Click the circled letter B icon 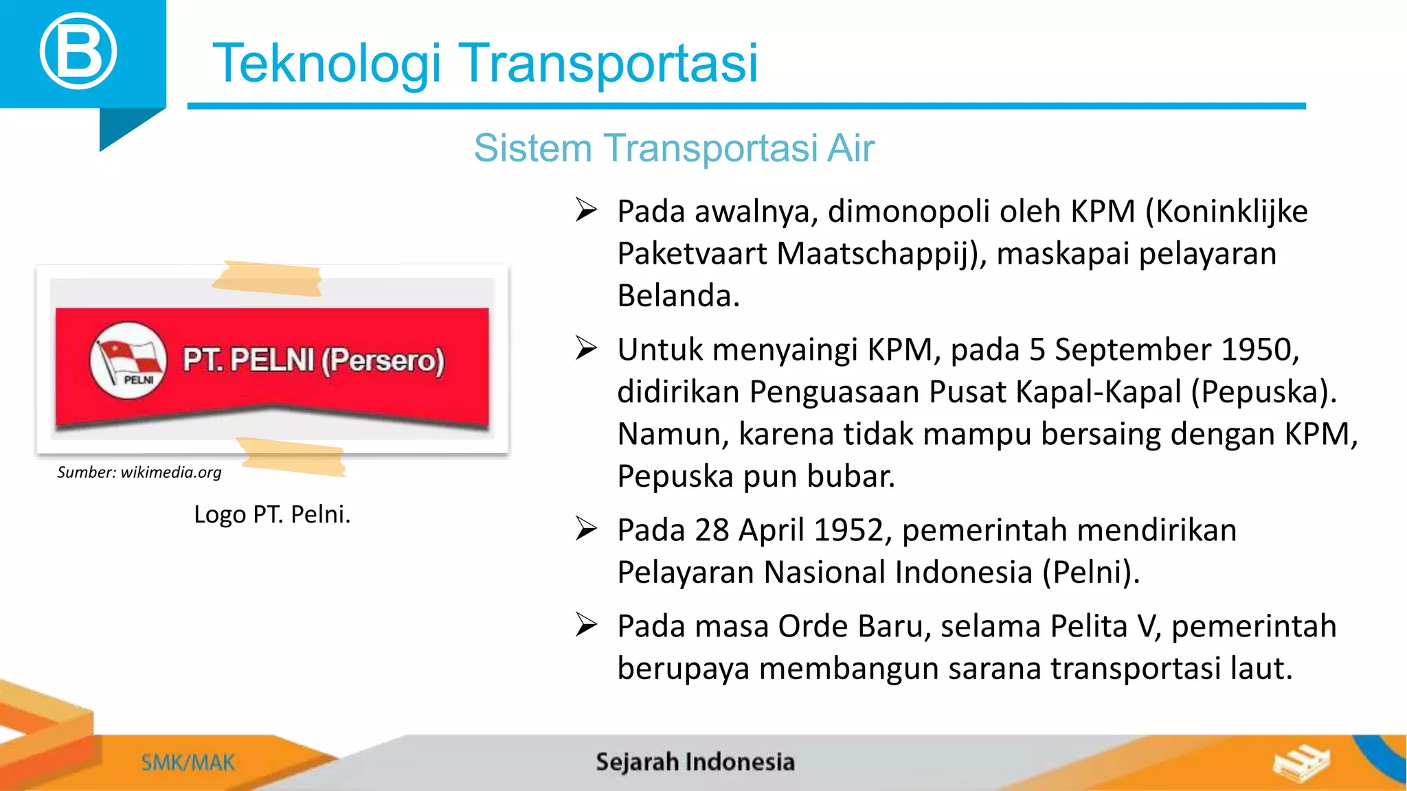pyautogui.click(x=78, y=51)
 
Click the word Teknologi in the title pyautogui.click(x=326, y=63)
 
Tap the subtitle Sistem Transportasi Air pyautogui.click(x=673, y=148)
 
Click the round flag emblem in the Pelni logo pyautogui.click(x=128, y=360)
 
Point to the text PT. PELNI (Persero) pyautogui.click(x=313, y=360)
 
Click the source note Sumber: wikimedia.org pyautogui.click(x=139, y=472)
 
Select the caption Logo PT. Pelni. pyautogui.click(x=272, y=514)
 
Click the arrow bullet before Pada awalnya pyautogui.click(x=586, y=210)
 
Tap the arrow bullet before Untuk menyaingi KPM pyautogui.click(x=586, y=349)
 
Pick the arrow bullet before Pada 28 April pyautogui.click(x=586, y=529)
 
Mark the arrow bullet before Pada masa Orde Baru pyautogui.click(x=586, y=626)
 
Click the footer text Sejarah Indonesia pyautogui.click(x=695, y=762)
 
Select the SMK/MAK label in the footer pyautogui.click(x=188, y=763)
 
